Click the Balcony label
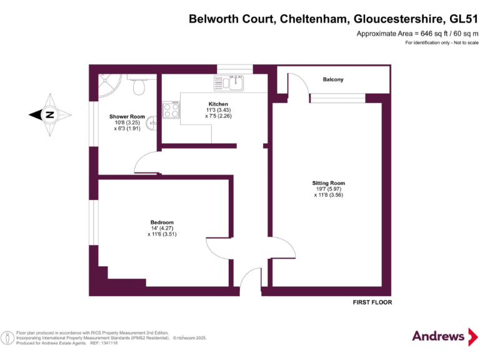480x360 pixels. [x=332, y=79]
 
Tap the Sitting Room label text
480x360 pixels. [x=328, y=183]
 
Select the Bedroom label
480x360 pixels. [x=162, y=222]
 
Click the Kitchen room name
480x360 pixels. [x=218, y=104]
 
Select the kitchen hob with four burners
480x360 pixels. [x=172, y=111]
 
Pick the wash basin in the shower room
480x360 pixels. [x=151, y=124]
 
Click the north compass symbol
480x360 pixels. [x=49, y=115]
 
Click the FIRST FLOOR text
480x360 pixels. [x=372, y=302]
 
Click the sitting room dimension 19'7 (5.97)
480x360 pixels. [x=328, y=189]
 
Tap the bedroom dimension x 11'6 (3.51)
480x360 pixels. [x=162, y=234]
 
